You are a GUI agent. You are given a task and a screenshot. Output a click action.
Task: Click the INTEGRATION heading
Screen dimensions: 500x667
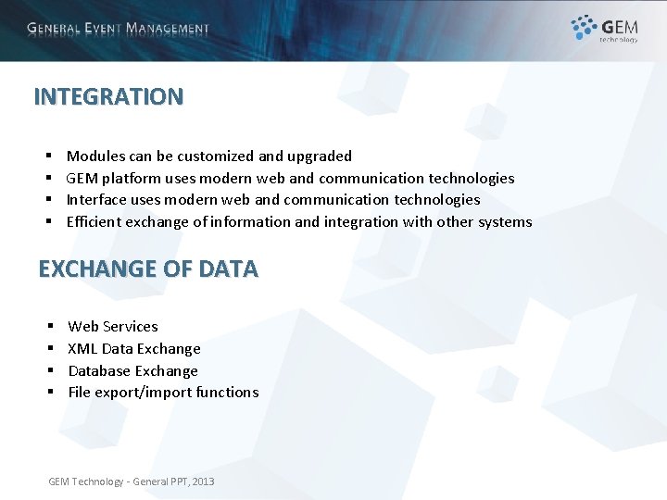pos(108,96)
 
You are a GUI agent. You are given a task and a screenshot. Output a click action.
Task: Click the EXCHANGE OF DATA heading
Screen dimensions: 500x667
pos(148,269)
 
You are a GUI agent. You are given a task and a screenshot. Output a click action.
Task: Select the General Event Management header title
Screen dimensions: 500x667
pos(119,29)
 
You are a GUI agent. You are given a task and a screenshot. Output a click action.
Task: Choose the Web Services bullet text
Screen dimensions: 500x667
pos(112,326)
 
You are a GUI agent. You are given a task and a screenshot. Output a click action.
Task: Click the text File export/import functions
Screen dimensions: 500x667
pos(163,393)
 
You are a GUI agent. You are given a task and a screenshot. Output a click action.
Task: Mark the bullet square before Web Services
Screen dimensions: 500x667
pos(48,327)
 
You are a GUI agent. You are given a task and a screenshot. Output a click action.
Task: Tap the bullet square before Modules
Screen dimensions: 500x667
pos(47,156)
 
